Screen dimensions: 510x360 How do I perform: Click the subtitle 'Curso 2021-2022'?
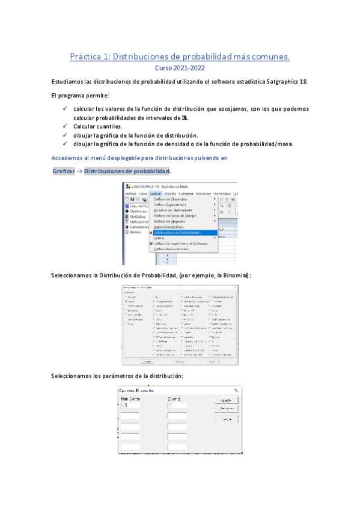click(180, 68)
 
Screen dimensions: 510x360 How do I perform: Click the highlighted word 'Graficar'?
click(63, 172)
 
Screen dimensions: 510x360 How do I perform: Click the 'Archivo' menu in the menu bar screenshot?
click(130, 194)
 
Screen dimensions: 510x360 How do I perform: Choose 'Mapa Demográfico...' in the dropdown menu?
click(169, 227)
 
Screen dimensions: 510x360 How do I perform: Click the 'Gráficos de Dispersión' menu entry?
click(171, 199)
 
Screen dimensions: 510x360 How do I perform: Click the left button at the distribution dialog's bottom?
click(146, 361)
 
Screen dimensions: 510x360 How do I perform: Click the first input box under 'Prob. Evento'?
click(130, 405)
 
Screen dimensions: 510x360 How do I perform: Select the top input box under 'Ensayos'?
click(177, 405)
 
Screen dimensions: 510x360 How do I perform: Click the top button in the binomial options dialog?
click(226, 400)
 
